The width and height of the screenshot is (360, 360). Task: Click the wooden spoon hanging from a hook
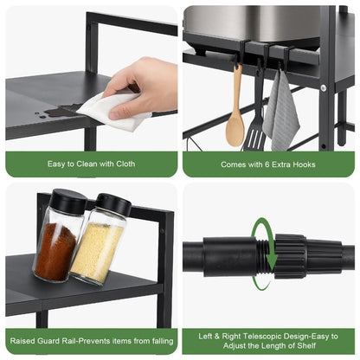(x=235, y=115)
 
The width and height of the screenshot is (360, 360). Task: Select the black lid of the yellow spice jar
(x=113, y=204)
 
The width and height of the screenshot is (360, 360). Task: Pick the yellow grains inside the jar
(x=97, y=253)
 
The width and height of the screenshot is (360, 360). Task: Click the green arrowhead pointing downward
(x=272, y=263)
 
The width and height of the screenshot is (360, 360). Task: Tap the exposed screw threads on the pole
(x=265, y=256)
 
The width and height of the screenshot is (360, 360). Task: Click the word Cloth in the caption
(x=125, y=164)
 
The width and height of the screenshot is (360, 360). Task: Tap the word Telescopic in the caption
(x=261, y=337)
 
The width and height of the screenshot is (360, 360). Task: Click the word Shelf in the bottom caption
(x=306, y=345)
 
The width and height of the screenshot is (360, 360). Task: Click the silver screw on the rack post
(x=324, y=87)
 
